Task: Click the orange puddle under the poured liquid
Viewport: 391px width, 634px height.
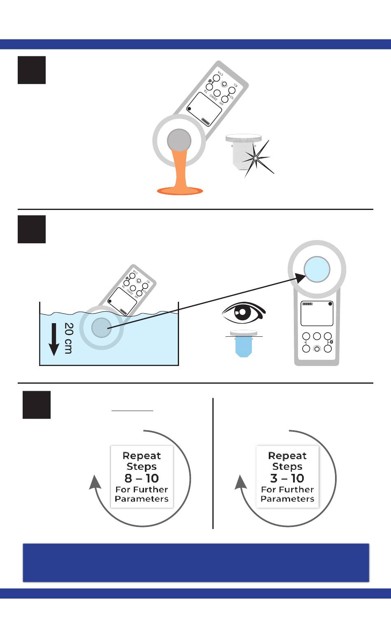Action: (180, 191)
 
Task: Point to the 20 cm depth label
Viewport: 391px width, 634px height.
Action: (68, 338)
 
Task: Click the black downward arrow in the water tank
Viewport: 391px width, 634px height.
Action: (54, 340)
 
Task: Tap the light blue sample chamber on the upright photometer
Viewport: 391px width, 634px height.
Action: (317, 269)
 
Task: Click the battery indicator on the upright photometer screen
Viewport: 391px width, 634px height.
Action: (307, 304)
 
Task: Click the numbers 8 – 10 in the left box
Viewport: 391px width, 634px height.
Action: (142, 478)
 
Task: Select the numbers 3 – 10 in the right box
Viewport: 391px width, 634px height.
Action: (287, 478)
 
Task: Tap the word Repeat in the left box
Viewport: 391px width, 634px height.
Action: (142, 456)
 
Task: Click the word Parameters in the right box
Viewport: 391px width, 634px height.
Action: (287, 499)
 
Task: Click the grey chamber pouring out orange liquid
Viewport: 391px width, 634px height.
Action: (179, 140)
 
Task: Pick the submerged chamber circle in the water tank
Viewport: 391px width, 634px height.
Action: (101, 328)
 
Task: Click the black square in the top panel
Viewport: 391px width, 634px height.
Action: (32, 70)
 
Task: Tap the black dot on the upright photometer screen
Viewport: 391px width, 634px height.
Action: (330, 304)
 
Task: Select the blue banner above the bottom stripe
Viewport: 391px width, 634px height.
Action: (196, 563)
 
